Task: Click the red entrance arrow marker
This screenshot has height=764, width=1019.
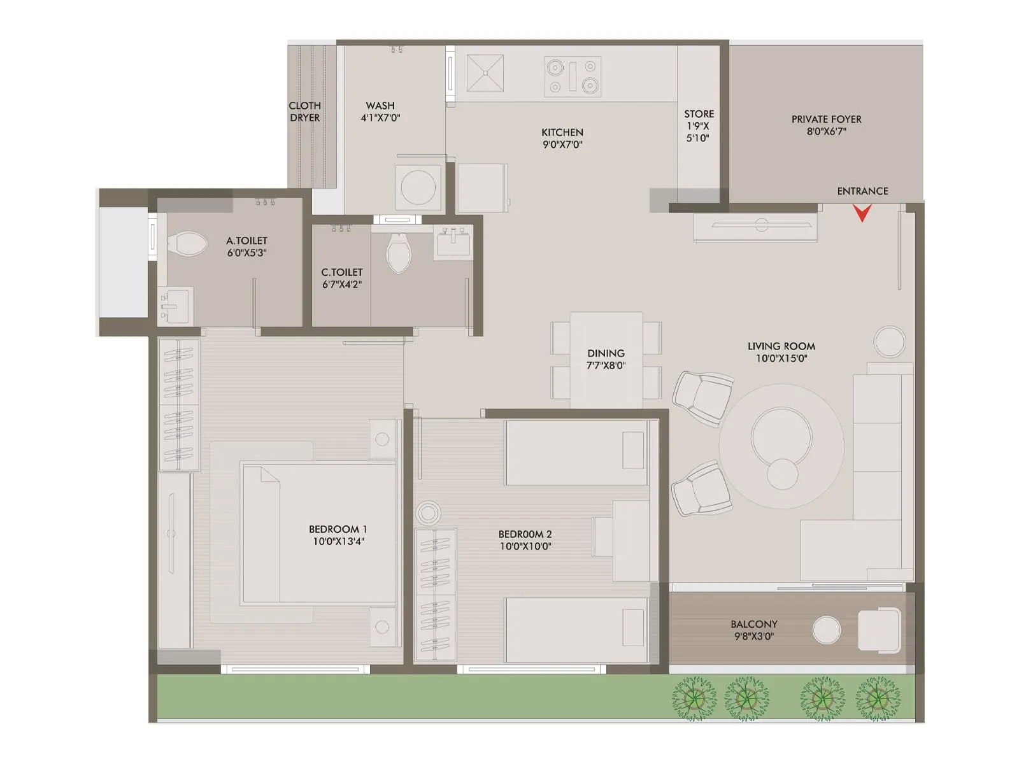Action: tap(862, 213)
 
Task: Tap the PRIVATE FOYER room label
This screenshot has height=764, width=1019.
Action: tap(826, 119)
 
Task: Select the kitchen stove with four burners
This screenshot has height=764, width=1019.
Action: tap(573, 76)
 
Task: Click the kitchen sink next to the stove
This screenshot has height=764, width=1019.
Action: tap(485, 73)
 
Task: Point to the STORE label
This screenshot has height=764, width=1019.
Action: tap(699, 114)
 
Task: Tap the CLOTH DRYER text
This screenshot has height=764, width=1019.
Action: tap(304, 111)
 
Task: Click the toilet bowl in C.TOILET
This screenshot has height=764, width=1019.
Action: tap(399, 253)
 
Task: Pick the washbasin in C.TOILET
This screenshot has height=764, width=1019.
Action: tap(453, 243)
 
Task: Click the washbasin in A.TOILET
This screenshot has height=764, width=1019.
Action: tap(175, 306)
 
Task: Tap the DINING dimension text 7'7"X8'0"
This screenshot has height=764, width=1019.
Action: tap(606, 365)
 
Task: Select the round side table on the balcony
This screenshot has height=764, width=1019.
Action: tap(826, 630)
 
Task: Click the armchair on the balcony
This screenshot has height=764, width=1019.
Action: tap(879, 630)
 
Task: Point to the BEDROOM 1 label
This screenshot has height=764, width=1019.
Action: tap(338, 529)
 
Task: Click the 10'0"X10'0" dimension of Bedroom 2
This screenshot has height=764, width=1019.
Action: tap(525, 546)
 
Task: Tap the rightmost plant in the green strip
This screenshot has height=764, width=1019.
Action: tap(878, 698)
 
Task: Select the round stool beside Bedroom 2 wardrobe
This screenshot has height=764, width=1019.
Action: tap(428, 513)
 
